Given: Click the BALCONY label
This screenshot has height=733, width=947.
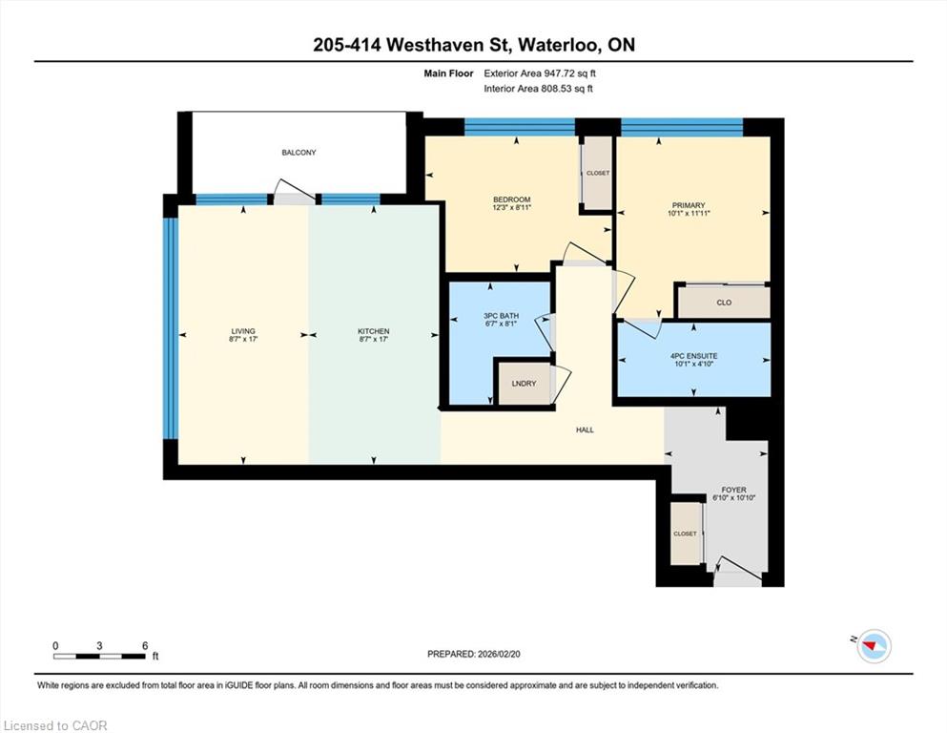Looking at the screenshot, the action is [299, 153].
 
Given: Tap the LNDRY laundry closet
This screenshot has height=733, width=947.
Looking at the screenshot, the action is [524, 383].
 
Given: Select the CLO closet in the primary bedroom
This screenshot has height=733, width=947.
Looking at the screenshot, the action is [724, 302].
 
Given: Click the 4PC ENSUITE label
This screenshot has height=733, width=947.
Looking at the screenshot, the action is [693, 356].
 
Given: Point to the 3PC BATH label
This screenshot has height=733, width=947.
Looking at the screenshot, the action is [501, 315].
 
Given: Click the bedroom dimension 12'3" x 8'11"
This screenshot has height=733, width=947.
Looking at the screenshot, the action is [511, 207].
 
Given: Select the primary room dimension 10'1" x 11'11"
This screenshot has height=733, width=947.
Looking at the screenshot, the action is [689, 213].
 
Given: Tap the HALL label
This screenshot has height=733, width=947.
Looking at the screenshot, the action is [585, 430].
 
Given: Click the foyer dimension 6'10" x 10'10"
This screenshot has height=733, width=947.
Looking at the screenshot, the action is [733, 498].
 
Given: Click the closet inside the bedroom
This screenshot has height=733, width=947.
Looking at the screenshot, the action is [597, 173].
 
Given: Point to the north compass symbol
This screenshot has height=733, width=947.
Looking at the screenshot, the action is [874, 646].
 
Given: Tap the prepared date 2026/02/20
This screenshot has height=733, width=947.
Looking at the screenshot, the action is [498, 654].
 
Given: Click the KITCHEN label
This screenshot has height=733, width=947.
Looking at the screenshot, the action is [373, 331].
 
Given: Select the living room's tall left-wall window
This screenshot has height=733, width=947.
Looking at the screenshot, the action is [171, 328].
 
